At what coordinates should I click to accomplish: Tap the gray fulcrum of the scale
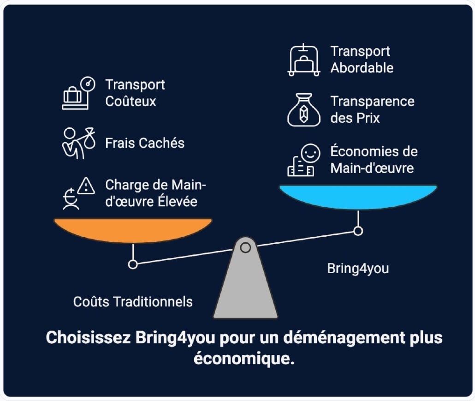[245, 286]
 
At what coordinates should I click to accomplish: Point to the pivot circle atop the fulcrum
[245, 248]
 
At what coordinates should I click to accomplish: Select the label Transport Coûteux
[135, 93]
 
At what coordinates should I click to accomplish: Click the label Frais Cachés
[145, 143]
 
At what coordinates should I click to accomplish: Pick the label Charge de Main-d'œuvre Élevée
[156, 193]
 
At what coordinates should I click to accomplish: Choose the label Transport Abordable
[362, 60]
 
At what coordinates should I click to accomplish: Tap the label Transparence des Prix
[372, 109]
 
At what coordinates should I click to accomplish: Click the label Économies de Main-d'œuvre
[374, 160]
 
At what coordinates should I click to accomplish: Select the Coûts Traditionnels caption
[133, 302]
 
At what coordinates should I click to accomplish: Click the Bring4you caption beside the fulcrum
[358, 269]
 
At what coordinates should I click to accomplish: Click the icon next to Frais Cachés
[78, 143]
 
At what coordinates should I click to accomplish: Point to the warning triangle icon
[86, 186]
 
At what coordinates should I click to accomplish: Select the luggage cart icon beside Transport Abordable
[304, 60]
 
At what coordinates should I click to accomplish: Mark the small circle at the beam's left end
[133, 264]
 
